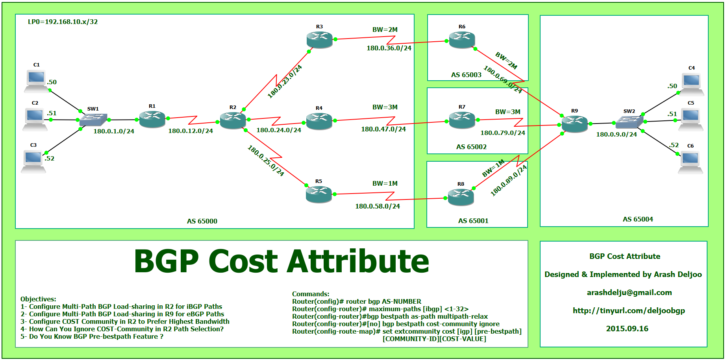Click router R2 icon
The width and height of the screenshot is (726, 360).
tap(233, 120)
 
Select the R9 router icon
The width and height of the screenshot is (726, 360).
tap(574, 124)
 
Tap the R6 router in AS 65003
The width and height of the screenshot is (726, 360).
tap(462, 40)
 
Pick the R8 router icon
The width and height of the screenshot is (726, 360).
tap(461, 197)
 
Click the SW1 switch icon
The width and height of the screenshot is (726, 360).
tap(93, 120)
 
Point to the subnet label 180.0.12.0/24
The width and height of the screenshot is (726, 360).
tap(191, 131)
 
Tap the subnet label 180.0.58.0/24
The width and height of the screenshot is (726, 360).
tap(378, 206)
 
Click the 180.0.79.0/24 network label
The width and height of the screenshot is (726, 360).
tap(503, 133)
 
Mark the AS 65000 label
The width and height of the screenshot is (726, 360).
tap(202, 221)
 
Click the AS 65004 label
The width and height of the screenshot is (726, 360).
tap(638, 219)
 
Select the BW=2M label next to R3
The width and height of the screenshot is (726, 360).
tap(385, 30)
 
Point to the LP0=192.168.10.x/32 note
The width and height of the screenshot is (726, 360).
tap(63, 22)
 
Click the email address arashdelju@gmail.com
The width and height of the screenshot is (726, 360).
tap(629, 292)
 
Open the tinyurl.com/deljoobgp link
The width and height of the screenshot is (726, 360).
tap(629, 310)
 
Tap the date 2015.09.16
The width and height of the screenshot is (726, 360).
tap(627, 329)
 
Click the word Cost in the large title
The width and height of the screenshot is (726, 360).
tap(243, 262)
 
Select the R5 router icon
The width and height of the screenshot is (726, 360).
tap(319, 194)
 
